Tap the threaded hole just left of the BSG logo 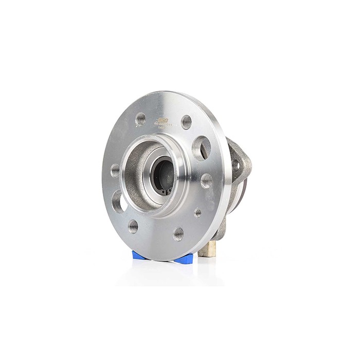point(140,119)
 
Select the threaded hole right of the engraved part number point(186,122)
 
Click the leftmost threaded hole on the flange point(115,170)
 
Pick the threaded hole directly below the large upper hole point(206,180)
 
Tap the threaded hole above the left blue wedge point(133,226)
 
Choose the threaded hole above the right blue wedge point(178,233)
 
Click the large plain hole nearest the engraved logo point(201,148)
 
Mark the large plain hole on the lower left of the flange point(118,201)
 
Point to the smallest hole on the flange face point(197,212)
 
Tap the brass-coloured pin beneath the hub point(207,249)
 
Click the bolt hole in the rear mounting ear point(236,166)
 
